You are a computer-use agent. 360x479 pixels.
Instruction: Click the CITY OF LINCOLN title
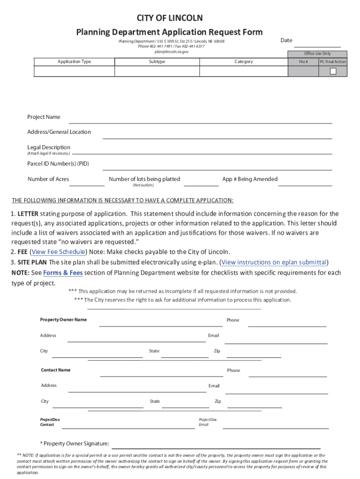(x=170, y=18)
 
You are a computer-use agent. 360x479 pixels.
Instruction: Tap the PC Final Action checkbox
(x=333, y=71)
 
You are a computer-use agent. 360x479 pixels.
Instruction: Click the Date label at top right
(x=286, y=40)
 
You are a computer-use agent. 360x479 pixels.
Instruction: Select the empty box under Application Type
(x=74, y=71)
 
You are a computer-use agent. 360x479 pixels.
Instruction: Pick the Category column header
(x=244, y=62)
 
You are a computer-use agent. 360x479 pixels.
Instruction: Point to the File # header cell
(x=303, y=62)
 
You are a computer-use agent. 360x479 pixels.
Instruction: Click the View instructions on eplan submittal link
(x=274, y=262)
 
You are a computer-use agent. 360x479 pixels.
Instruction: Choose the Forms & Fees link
(x=63, y=273)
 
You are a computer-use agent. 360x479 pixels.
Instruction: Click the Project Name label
(x=43, y=117)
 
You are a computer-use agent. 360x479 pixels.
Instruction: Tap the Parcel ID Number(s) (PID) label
(x=58, y=164)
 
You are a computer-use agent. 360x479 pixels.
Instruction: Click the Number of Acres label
(x=48, y=179)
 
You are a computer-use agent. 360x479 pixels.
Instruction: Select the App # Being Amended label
(x=250, y=179)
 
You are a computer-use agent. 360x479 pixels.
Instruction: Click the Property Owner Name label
(x=63, y=319)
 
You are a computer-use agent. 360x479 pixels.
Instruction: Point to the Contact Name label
(x=56, y=370)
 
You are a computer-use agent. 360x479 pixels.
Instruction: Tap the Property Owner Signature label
(x=75, y=443)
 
